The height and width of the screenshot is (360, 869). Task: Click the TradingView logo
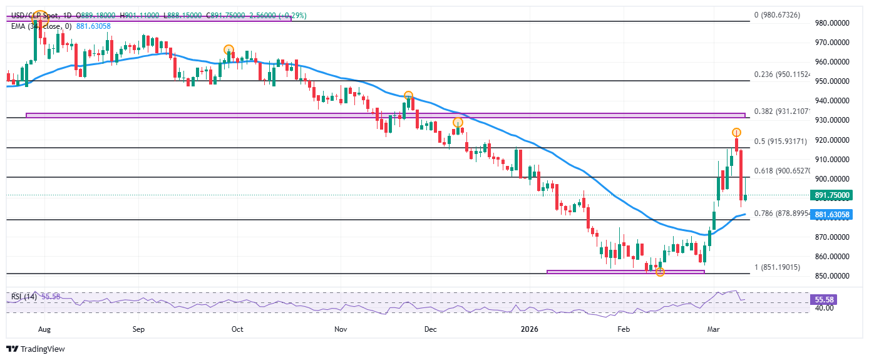click(36, 349)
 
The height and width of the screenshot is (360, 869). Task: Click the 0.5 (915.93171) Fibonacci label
click(783, 141)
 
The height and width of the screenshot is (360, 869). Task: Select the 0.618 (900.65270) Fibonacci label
click(783, 171)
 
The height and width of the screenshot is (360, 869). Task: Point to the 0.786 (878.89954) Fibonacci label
click(783, 213)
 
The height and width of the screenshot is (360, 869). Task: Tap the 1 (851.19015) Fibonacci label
click(777, 267)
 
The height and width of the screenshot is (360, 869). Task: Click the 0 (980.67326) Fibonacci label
click(777, 15)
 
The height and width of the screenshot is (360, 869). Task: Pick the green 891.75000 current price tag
click(832, 195)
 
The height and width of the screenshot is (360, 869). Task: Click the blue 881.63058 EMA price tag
click(832, 214)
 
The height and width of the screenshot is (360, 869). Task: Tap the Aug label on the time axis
click(43, 328)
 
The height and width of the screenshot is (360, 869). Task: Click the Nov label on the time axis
click(340, 328)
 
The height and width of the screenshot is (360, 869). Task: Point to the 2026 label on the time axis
click(530, 328)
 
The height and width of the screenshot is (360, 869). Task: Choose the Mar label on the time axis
click(713, 328)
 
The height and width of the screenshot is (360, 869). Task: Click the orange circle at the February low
click(659, 272)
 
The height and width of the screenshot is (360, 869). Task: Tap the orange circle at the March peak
click(737, 132)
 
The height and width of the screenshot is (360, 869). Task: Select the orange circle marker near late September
click(229, 49)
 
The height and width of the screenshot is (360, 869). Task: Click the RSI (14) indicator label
click(21, 296)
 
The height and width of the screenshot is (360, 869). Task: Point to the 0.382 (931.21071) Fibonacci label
click(783, 111)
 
